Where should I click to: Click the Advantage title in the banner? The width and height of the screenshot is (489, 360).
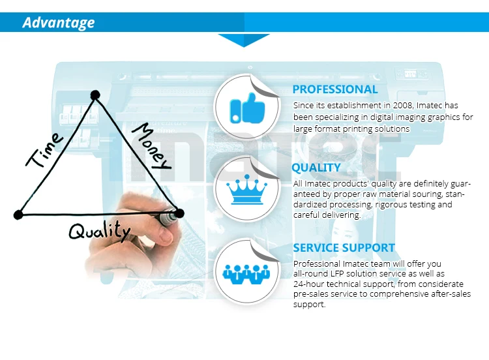point(59,23)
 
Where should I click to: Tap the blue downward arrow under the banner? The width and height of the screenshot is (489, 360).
point(244,40)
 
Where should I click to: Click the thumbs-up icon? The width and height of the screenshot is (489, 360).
point(247,108)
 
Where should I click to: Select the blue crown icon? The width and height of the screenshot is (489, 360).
point(246,190)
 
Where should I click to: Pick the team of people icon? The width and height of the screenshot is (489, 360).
point(246,274)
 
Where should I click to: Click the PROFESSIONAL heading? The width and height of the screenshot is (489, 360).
point(335,89)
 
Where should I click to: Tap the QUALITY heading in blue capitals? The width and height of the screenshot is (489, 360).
point(316,168)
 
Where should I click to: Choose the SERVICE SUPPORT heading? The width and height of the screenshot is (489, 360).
point(344,248)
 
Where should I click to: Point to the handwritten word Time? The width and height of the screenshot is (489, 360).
point(44,150)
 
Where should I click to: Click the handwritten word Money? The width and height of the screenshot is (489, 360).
point(152,146)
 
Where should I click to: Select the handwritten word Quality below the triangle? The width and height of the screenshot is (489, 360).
point(100,230)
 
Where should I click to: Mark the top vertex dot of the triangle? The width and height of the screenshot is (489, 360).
point(95,95)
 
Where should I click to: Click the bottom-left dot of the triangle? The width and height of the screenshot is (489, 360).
point(18,215)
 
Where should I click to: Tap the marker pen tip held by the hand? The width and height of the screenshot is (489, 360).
point(179,213)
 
